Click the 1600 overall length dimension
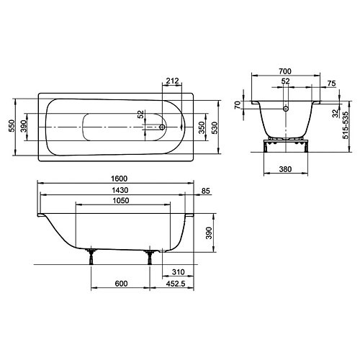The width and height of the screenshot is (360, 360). tap(120, 179)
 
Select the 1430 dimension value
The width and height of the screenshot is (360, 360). tap(120, 190)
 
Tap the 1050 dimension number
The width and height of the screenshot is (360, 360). tap(121, 200)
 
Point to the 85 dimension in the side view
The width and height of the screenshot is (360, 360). tap(206, 191)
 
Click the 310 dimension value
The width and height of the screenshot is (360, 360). tap(179, 272)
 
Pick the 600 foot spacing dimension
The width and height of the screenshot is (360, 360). tap(121, 284)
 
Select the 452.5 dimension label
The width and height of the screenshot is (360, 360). tap(176, 284)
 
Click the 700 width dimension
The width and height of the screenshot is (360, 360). tap(285, 71)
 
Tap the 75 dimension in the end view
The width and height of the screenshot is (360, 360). tap(331, 84)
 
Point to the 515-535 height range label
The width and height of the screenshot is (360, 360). tap(346, 125)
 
